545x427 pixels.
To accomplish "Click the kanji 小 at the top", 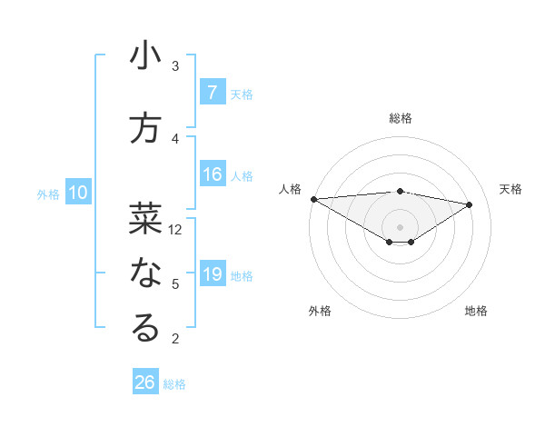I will point(145,56).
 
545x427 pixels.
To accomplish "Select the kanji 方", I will point(145,128).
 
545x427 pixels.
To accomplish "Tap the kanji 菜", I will point(145,217).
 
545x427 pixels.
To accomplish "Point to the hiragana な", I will point(145,273).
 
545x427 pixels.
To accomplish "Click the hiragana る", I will point(145,328).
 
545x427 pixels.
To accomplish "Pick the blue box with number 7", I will point(212,93).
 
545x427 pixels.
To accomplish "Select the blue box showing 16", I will point(212,175).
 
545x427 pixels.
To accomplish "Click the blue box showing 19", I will point(212,275).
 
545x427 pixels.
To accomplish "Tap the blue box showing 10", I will point(77,193).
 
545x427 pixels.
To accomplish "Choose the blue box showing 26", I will point(145,382).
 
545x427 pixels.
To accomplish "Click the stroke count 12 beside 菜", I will point(176,230).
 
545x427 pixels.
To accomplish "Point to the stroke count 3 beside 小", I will point(175,66).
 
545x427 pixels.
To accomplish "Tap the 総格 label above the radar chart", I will point(401,118).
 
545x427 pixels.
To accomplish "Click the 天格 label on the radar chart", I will point(511,189).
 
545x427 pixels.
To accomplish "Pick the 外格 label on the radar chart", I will point(319,311).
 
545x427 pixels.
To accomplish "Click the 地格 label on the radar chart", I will point(476,311).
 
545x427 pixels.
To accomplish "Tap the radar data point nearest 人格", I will point(313,198).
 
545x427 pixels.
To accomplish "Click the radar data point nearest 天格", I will point(470,204).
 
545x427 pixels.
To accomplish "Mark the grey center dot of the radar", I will point(401,225).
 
